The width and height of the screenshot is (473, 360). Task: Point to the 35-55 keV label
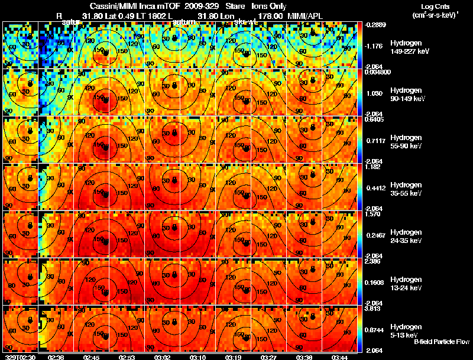pyautogui.click(x=407, y=193)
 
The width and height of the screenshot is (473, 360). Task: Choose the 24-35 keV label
pyautogui.click(x=407, y=241)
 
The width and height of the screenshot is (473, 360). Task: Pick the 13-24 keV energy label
pyautogui.click(x=407, y=288)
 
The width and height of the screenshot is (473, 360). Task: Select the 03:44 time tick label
pyautogui.click(x=342, y=357)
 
